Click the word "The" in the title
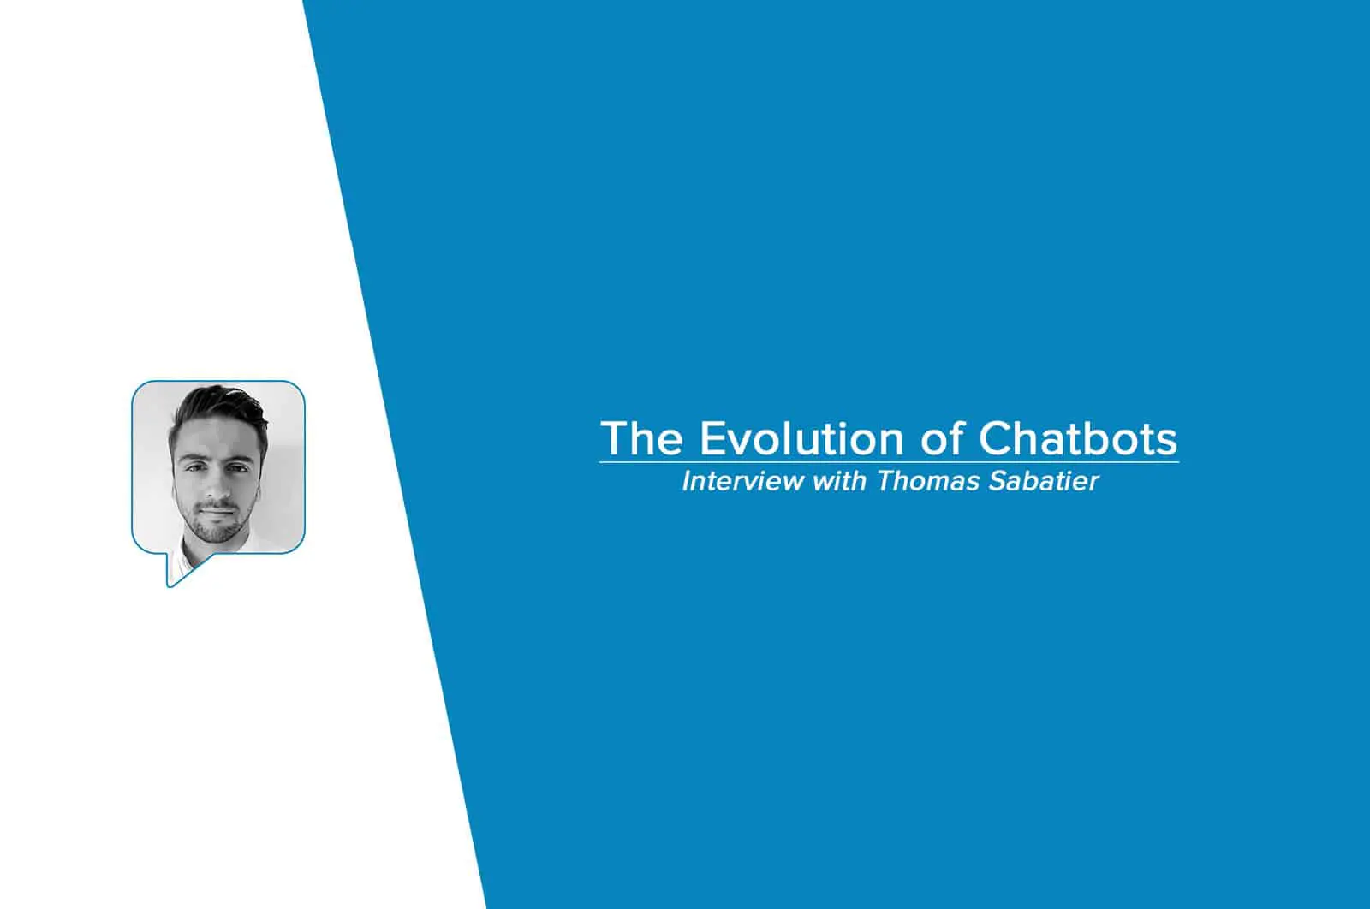pos(642,437)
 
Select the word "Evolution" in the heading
pos(801,437)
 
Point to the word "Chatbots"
pos(1078,437)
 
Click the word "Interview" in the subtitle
pos(743,481)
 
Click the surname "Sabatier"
pos(1044,481)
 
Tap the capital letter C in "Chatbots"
pos(996,438)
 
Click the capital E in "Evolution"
pos(713,438)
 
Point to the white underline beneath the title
pos(890,463)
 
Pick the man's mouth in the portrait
pos(217,509)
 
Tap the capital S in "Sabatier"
pos(998,481)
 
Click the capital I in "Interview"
pos(687,481)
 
